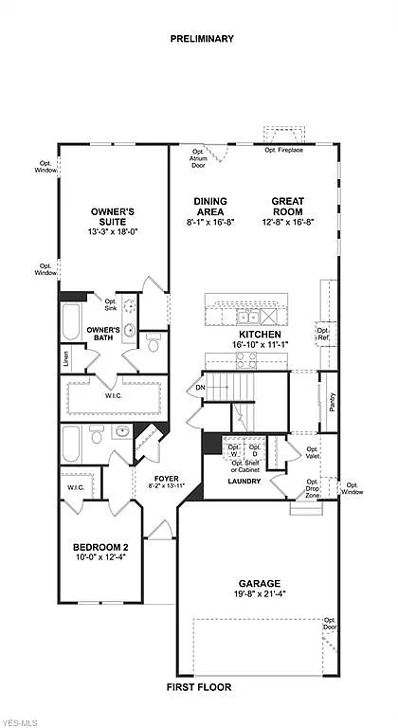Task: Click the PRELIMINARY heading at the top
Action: coord(202,39)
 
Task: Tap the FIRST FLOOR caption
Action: coord(199,686)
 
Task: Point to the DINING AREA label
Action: coord(209,206)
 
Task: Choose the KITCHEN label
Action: coord(258,335)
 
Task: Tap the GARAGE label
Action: coord(257,584)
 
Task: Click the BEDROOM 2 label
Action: coord(101,548)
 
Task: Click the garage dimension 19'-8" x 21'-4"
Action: coord(257,595)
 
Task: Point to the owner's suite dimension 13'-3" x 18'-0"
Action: coord(112,231)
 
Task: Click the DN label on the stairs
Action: coord(200,387)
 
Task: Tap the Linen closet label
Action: coord(66,358)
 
